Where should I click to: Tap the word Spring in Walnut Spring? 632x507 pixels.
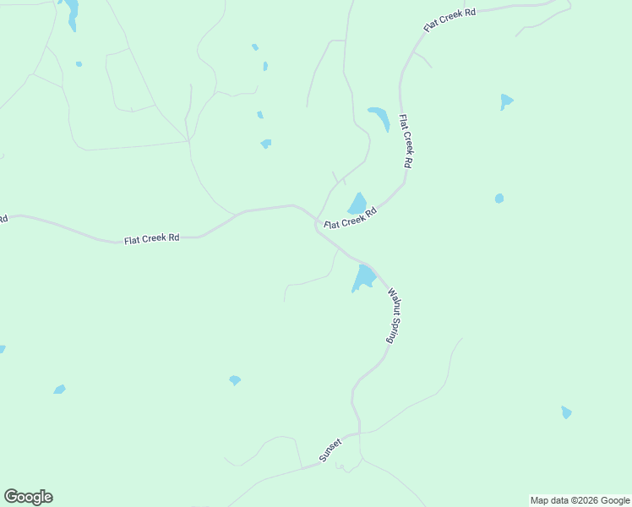point(392,330)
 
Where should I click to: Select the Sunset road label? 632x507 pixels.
point(330,450)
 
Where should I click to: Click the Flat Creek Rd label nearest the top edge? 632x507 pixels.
point(449,19)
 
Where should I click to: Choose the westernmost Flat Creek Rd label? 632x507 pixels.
point(152,239)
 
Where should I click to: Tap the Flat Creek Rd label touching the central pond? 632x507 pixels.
point(350,219)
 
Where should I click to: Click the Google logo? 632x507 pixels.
point(28,497)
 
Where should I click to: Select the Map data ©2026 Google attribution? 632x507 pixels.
point(580,500)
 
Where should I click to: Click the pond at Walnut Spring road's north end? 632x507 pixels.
point(365,277)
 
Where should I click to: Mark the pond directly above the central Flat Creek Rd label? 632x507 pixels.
point(357,204)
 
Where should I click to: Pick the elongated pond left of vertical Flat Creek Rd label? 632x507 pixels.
point(379,117)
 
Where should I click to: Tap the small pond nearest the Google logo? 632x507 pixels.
point(59,390)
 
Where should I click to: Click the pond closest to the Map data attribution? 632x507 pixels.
point(566,412)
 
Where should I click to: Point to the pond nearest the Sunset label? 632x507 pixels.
point(235,380)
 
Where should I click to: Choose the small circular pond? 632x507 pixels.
point(499,199)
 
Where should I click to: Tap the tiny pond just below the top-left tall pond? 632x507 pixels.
point(79,63)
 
